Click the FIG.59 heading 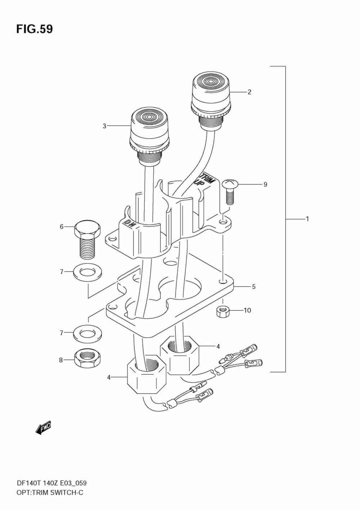click(34, 29)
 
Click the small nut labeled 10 click(222, 312)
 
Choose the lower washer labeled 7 click(87, 333)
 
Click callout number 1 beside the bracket click(307, 218)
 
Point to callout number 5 click(254, 287)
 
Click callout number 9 click(265, 184)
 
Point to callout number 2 click(249, 92)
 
